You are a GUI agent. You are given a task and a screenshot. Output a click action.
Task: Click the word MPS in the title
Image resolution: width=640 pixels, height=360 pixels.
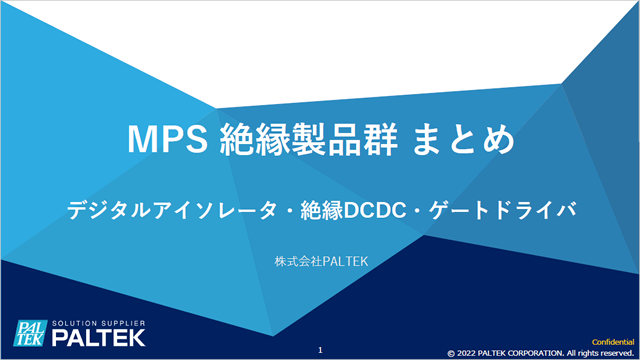(166, 139)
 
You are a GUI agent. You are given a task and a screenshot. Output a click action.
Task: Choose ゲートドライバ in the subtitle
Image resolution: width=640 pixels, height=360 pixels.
(510, 211)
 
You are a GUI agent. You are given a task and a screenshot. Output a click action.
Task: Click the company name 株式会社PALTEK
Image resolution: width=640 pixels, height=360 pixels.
(320, 262)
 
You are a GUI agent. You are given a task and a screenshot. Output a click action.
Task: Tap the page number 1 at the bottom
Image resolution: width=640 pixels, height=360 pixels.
(320, 350)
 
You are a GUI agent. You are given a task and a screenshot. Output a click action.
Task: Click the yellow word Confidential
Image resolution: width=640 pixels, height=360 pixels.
(605, 342)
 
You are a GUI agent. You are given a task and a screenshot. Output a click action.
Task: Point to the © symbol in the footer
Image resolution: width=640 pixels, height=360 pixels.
(452, 353)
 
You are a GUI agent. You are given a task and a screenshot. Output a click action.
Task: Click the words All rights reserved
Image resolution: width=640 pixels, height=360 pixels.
(605, 353)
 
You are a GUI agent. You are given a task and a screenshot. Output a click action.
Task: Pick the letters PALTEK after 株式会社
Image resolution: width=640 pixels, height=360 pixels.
(343, 262)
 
